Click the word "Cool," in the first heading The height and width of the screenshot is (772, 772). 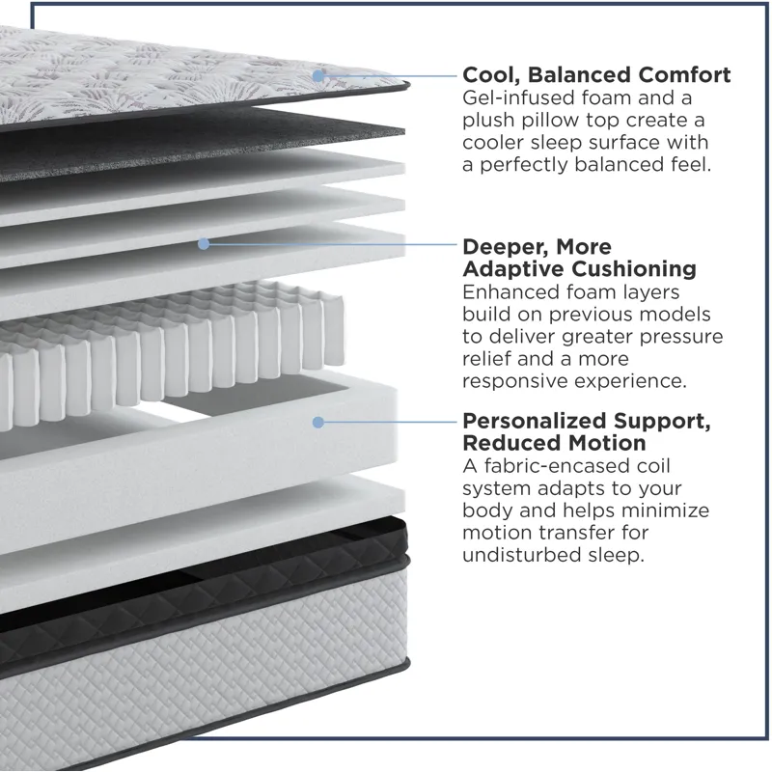point(491,75)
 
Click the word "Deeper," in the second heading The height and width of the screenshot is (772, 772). point(503,247)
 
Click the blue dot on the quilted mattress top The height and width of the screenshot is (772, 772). point(318,76)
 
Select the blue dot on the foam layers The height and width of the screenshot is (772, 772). point(204,244)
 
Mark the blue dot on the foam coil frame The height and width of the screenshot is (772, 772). point(318,422)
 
